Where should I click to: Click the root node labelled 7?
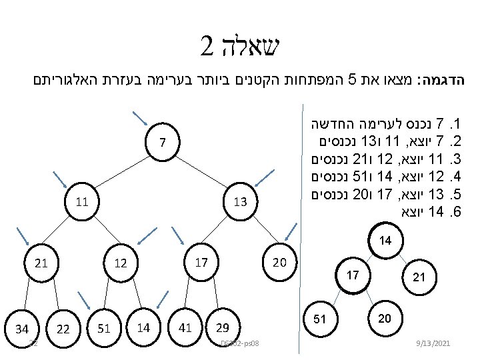pos(163,142)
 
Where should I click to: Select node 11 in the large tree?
pos(83,200)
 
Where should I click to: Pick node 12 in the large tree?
pos(120,264)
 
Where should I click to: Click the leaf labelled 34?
pos(22,328)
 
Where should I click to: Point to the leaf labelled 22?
pos(63,328)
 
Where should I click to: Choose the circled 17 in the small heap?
pos(353,275)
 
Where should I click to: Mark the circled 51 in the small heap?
pos(320,319)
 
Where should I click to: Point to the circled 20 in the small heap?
pos(384,319)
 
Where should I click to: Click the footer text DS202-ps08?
pos(240,343)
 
